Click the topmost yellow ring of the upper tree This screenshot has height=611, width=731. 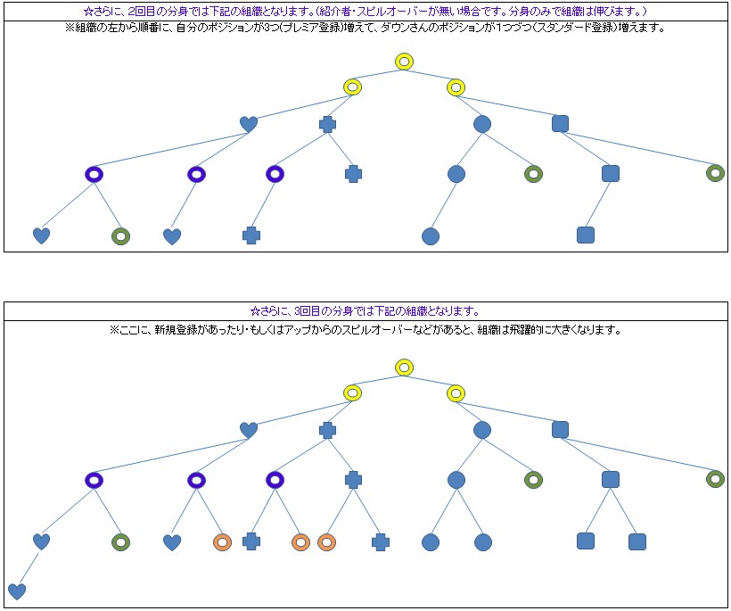(x=404, y=62)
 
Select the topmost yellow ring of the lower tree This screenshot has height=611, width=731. (x=404, y=367)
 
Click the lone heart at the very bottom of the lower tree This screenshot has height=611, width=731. (x=17, y=590)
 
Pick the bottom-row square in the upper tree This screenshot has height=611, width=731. (x=585, y=235)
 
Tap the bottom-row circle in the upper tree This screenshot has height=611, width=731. (x=431, y=236)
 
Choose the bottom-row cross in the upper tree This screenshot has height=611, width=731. (x=251, y=235)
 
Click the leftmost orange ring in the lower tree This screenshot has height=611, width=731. (x=223, y=541)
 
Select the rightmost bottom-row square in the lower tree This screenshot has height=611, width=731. (x=637, y=541)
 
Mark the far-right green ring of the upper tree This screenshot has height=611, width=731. (x=715, y=173)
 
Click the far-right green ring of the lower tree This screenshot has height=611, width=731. (x=715, y=479)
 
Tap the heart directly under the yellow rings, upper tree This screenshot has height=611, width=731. (x=249, y=124)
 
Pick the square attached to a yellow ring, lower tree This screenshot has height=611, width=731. (x=560, y=430)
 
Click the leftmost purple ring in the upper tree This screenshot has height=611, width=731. (x=94, y=174)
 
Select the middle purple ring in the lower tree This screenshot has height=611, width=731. (x=197, y=480)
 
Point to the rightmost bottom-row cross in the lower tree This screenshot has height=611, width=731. (x=381, y=541)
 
